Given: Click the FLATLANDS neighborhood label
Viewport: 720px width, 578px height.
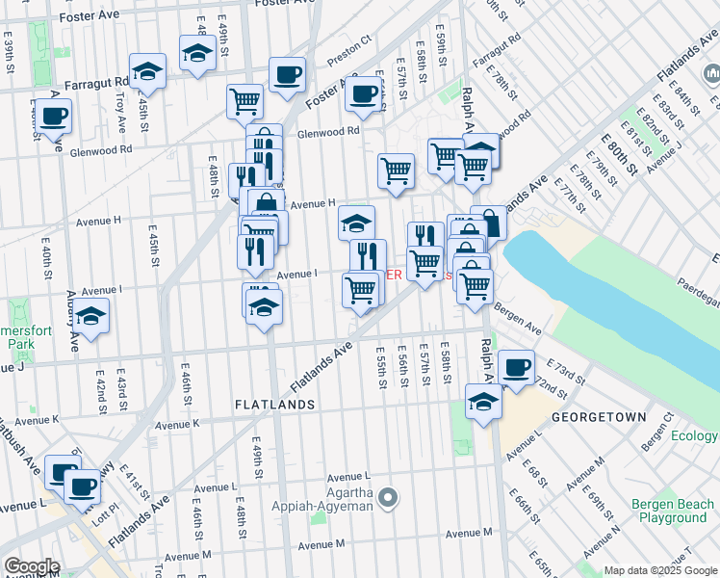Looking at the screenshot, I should (x=274, y=406).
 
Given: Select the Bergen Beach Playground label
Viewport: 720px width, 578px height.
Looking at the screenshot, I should (x=673, y=511).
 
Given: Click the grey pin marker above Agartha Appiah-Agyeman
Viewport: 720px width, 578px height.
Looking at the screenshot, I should (x=388, y=498).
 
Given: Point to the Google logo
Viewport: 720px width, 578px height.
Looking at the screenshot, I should (x=32, y=566).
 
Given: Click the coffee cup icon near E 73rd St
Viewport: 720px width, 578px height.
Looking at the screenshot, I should (x=516, y=367).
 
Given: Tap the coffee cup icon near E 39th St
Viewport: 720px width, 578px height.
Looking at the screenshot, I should (x=54, y=116).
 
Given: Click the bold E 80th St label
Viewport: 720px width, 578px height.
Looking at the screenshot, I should (x=621, y=154).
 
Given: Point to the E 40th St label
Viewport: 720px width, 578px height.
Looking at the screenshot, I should (x=45, y=260).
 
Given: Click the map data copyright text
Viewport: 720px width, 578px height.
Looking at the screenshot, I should (x=660, y=570).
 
